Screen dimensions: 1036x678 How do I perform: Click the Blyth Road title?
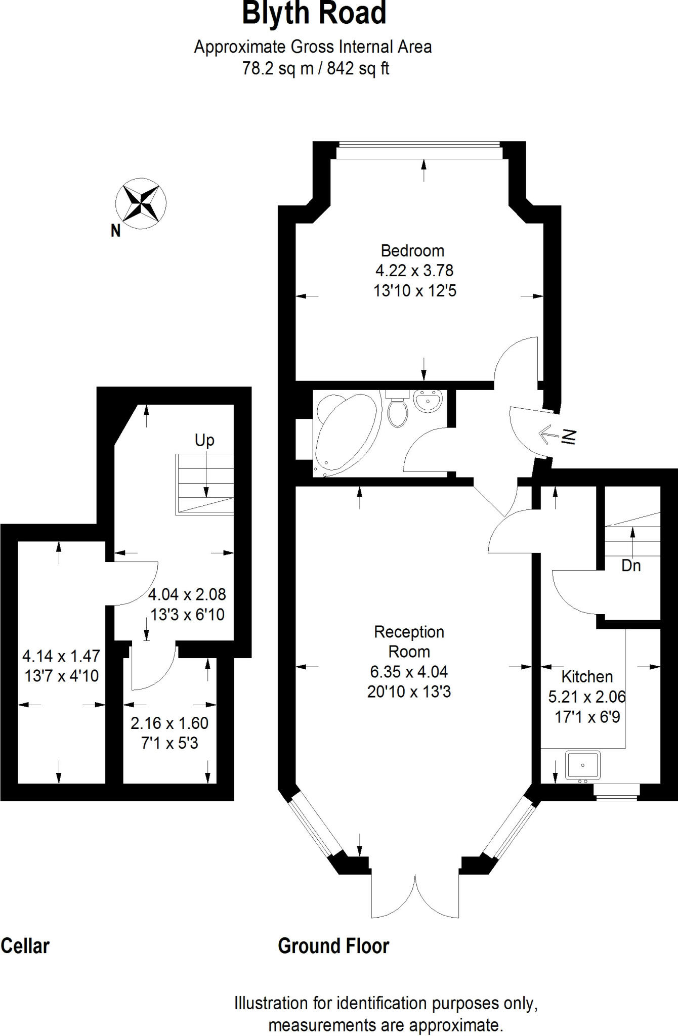pyautogui.click(x=314, y=14)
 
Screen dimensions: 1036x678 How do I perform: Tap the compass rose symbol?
pyautogui.click(x=141, y=203)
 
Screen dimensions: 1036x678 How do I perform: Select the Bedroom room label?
pyautogui.click(x=412, y=251)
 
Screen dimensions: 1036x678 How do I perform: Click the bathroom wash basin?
pyautogui.click(x=428, y=401)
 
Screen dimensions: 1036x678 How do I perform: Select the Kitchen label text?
pyautogui.click(x=587, y=677)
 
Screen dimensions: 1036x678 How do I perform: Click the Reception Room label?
pyautogui.click(x=409, y=641)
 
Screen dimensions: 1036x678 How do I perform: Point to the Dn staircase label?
pyautogui.click(x=631, y=566)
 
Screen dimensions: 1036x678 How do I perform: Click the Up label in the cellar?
pyautogui.click(x=204, y=441)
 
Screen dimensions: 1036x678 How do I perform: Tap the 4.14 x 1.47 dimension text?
pyautogui.click(x=61, y=656)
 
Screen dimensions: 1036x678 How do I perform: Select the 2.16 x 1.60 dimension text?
pyautogui.click(x=169, y=723)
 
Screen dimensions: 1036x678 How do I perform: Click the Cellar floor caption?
pyautogui.click(x=25, y=946)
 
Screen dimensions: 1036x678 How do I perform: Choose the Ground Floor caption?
pyautogui.click(x=333, y=946)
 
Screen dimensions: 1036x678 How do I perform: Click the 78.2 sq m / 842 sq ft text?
pyautogui.click(x=315, y=68)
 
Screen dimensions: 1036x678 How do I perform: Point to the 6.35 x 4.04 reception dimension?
pyautogui.click(x=409, y=672)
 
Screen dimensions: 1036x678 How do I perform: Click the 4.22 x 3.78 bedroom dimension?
pyautogui.click(x=414, y=271)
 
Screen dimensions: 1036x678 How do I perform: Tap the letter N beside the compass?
pyautogui.click(x=116, y=231)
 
